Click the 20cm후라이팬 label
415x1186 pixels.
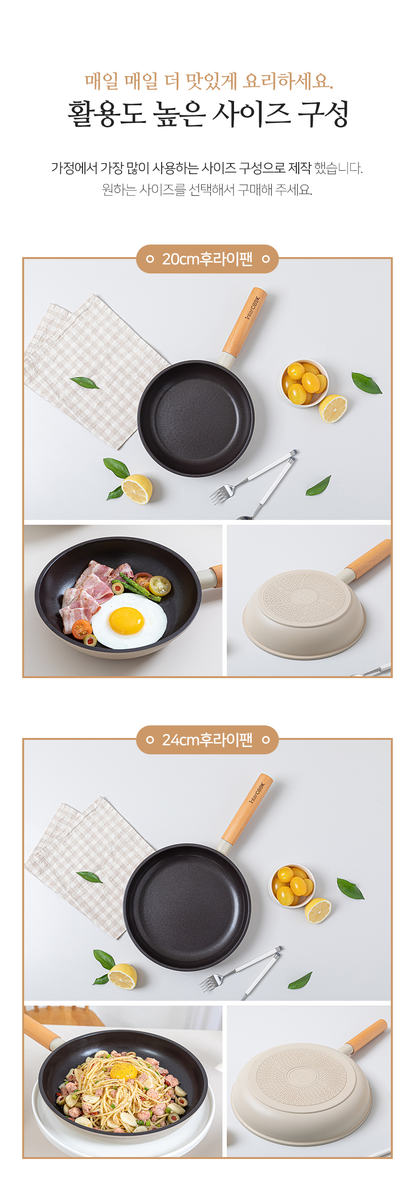coord(207,259)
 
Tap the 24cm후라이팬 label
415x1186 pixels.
coord(207,740)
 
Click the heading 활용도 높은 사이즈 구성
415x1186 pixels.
coord(208,114)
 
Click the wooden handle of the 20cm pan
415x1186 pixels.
coord(244,321)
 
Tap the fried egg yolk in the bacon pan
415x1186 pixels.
coord(126,620)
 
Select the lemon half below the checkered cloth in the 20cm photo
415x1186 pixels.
coord(137,489)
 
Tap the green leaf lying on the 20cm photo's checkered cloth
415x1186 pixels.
coord(85,383)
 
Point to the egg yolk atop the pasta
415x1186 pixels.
coord(123,1071)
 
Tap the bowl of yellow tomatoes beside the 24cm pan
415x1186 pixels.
coord(292,886)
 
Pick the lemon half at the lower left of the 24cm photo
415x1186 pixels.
coord(123,977)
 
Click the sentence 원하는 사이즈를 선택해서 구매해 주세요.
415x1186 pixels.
coord(207,190)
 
